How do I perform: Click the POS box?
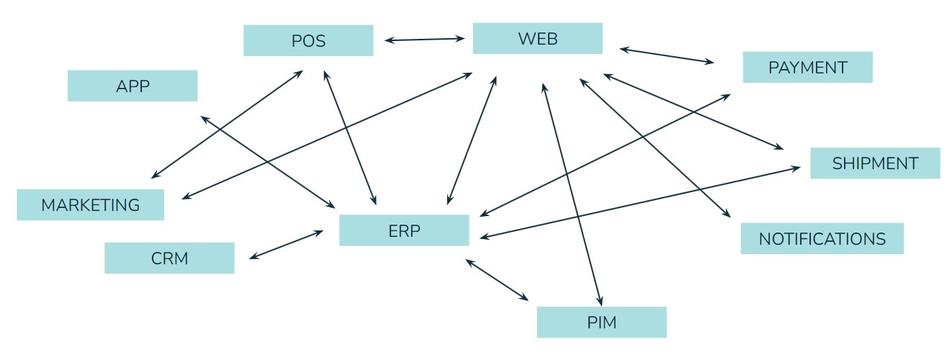[x=308, y=40]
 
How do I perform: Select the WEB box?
[x=537, y=38]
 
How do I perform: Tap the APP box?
[x=133, y=86]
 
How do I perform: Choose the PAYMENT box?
[x=807, y=67]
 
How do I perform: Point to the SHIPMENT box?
[x=875, y=163]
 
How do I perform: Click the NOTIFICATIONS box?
[x=822, y=238]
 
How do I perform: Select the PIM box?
[x=601, y=322]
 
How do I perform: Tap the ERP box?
[x=404, y=230]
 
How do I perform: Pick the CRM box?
[x=169, y=258]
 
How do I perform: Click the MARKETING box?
[x=90, y=204]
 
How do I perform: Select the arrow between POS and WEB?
[x=424, y=40]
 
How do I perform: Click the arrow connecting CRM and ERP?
[x=285, y=245]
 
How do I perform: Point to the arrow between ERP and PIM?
[x=497, y=280]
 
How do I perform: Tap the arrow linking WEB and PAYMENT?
[x=667, y=56]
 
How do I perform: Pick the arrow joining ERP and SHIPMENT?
[x=641, y=202]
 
